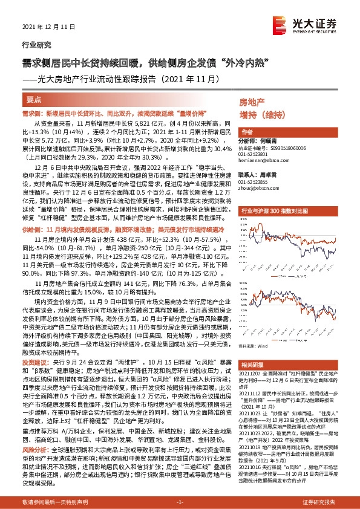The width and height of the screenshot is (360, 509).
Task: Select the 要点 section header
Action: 35,98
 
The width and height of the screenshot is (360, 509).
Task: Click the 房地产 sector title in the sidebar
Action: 252,102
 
